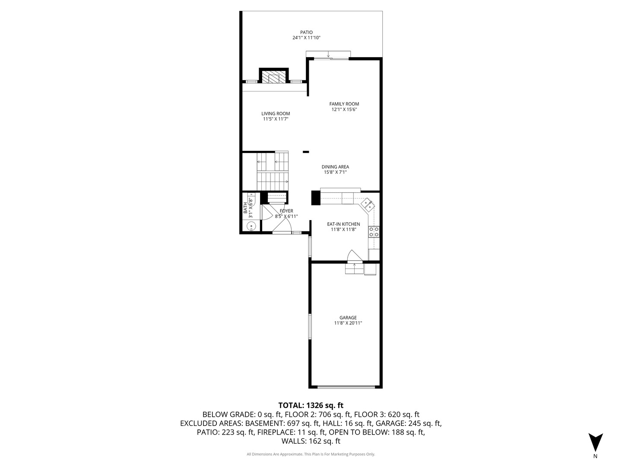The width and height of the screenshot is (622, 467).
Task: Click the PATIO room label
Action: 306,32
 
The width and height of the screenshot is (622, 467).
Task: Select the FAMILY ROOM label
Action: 344,104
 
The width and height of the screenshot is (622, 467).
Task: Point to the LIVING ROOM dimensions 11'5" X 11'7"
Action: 276,119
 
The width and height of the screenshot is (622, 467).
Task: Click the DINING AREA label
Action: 335,167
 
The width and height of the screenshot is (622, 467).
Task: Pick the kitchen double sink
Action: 368,205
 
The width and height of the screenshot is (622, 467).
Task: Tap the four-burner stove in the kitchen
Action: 374,232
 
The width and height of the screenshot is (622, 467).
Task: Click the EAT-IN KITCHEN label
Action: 343,224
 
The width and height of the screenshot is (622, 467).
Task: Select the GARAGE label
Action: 348,318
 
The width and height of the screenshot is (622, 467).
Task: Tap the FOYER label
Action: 286,211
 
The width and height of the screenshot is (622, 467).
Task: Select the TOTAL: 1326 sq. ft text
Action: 311,405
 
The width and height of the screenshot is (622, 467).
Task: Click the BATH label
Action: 245,208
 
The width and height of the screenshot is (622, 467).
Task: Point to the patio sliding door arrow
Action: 328,54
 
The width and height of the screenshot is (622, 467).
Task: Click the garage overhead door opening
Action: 346,387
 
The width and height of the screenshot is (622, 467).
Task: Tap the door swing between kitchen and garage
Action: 354,255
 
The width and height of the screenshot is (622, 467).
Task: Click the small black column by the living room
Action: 306,152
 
